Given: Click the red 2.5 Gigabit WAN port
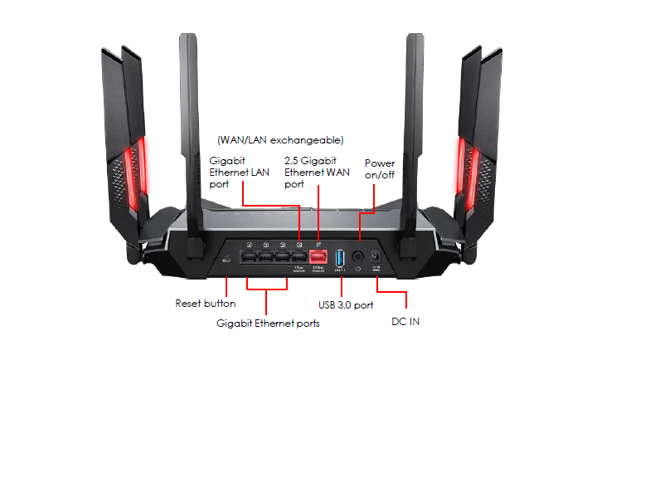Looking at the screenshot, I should click(318, 257).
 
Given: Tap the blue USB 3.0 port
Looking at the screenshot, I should click(339, 257).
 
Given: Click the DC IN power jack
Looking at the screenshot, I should click(376, 258).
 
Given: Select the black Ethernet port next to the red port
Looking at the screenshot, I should click(300, 257).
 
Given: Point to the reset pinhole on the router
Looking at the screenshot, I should click(226, 258).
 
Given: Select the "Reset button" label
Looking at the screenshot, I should click(205, 304).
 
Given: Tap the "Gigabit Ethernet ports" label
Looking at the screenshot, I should click(268, 323).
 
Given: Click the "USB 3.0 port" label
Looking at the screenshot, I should click(346, 305).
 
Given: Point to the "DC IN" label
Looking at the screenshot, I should click(405, 321).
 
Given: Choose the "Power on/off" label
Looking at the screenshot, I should click(380, 168).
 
